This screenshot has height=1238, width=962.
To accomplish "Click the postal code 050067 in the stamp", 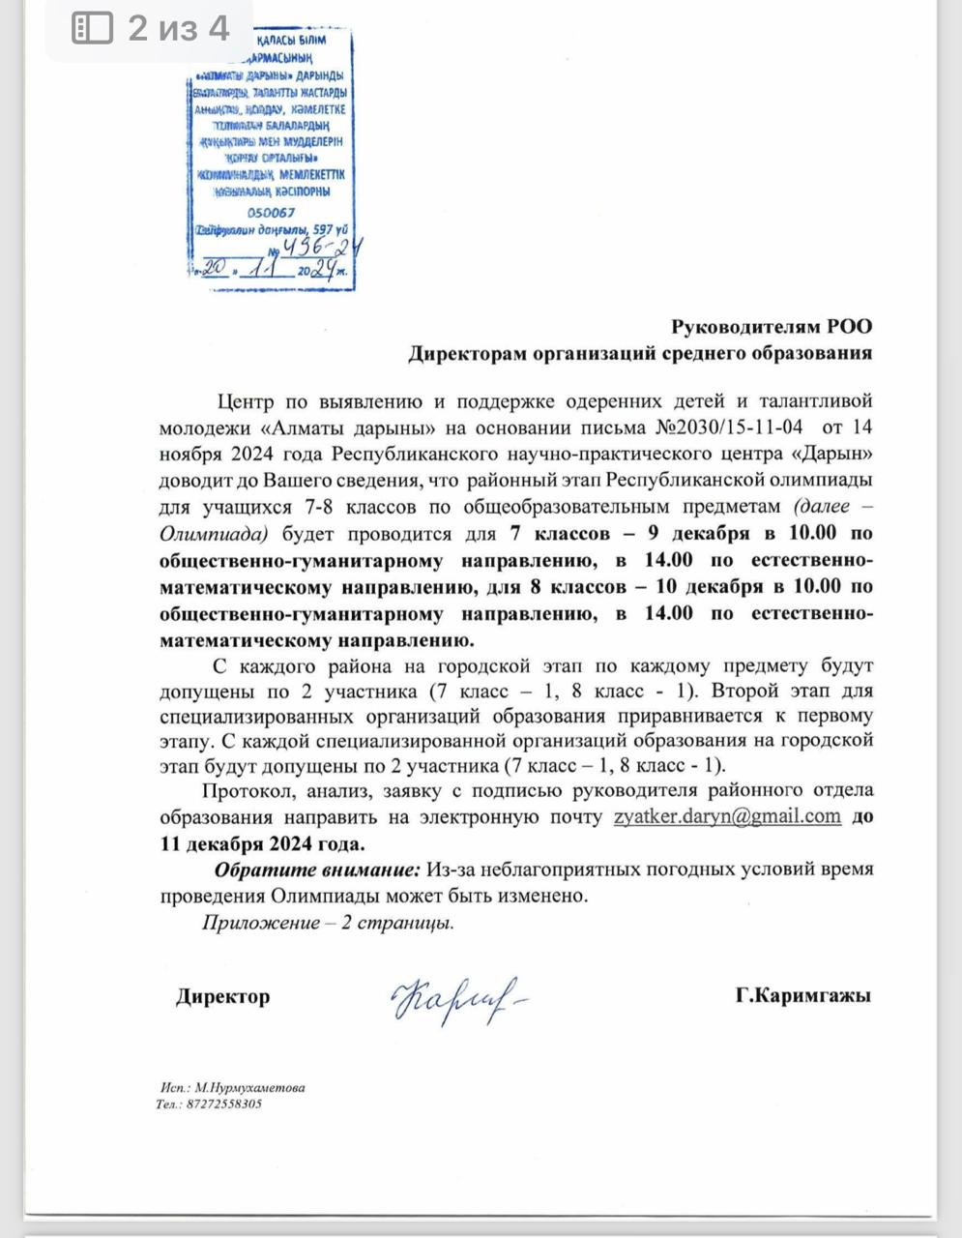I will click(271, 213).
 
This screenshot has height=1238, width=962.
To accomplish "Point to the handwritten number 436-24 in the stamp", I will click(323, 250).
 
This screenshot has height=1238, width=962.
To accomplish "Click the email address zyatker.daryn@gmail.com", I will click(727, 815).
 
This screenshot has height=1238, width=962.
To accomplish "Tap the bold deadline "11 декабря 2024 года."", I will click(262, 842).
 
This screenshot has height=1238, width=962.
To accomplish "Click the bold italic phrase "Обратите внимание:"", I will click(317, 869).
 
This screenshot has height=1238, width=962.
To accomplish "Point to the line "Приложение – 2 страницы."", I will click(328, 922).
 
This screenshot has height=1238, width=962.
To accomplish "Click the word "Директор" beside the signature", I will click(222, 995).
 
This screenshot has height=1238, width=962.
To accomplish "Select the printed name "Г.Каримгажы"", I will click(802, 995).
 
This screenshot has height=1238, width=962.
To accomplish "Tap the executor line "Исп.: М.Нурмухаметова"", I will click(232, 1087).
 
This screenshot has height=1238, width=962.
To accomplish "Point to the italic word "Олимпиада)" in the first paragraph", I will click(213, 533).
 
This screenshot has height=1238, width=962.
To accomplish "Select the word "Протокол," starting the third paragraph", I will click(255, 790).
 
